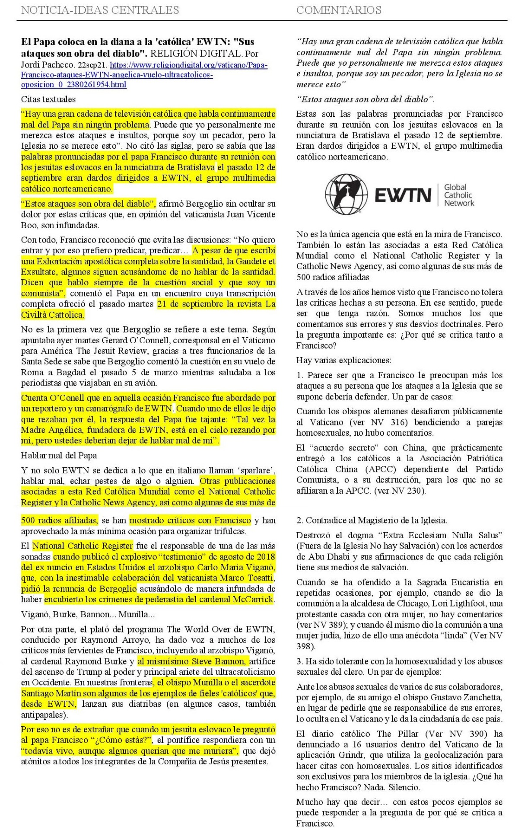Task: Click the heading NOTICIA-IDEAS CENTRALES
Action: [100, 10]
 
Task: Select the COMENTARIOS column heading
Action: [339, 10]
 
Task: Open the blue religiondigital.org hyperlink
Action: [144, 75]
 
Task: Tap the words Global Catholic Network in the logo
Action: [458, 195]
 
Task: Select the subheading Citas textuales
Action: [48, 99]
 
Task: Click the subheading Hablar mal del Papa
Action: [59, 455]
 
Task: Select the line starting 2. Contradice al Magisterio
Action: [372, 520]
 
